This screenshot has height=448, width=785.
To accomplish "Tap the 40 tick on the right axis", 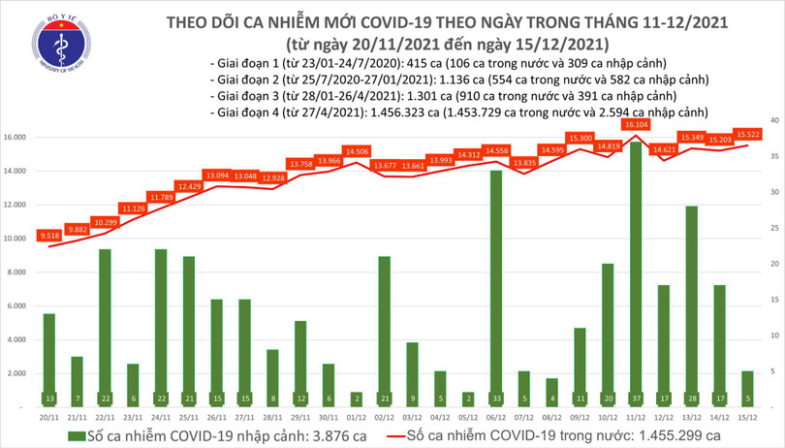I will [x=772, y=120].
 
